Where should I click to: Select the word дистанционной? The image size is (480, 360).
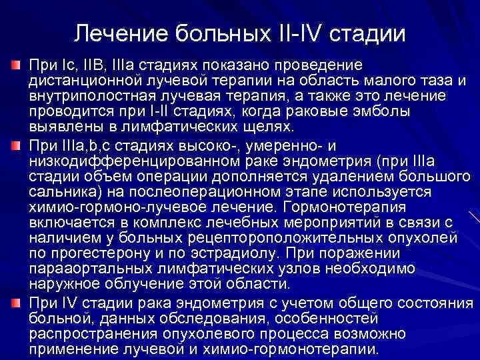83,81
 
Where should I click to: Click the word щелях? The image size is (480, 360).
241,127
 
